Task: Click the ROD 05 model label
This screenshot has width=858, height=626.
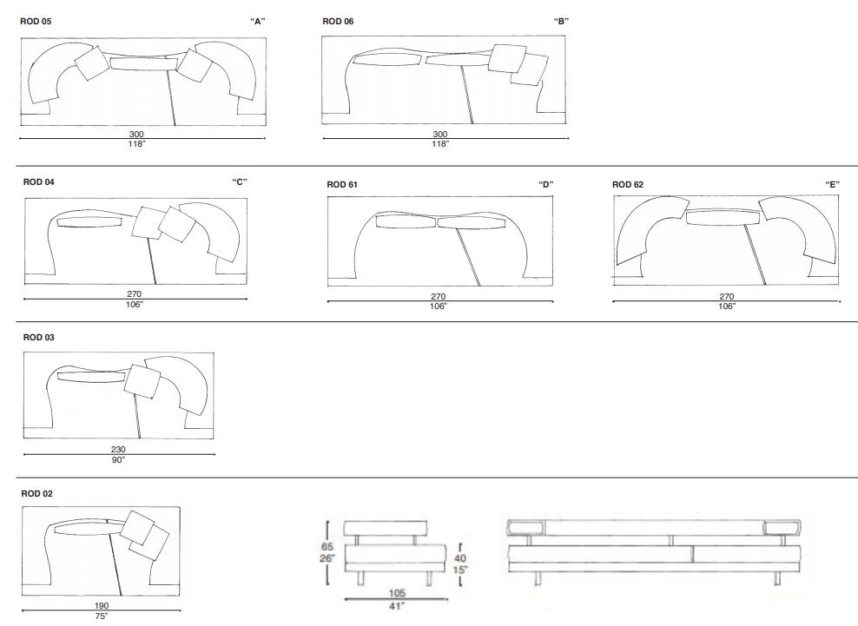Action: click(x=36, y=20)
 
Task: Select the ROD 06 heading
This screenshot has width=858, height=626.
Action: click(x=337, y=20)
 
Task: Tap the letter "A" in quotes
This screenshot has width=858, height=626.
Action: click(x=256, y=20)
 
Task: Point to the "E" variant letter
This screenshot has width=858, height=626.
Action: click(x=832, y=184)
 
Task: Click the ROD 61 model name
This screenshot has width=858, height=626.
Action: click(x=342, y=184)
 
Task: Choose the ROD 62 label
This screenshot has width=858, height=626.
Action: click(x=628, y=184)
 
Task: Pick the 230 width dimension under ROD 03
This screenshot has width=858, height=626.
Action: click(x=118, y=449)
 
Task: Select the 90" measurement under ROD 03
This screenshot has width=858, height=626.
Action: click(x=118, y=459)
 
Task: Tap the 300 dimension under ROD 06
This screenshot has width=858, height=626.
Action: click(x=440, y=134)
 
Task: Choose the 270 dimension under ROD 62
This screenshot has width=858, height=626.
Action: click(x=726, y=296)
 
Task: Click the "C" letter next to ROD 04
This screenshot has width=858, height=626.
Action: click(x=240, y=182)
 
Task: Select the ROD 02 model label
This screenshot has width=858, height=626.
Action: click(x=37, y=493)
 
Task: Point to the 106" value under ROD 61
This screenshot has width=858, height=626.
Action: click(x=439, y=306)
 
